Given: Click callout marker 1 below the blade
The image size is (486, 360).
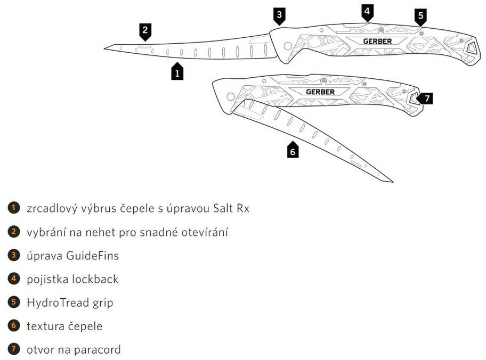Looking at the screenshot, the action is coord(177,72).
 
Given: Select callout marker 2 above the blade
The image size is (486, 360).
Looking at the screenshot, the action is coord(145,31).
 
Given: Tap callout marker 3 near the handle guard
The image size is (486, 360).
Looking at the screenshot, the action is coord(279,15).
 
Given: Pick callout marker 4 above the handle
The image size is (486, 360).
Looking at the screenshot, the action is coord(367,13).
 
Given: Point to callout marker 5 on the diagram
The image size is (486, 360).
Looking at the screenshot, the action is coord(420,17).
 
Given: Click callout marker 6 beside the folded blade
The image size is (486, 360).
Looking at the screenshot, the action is coord(293,150).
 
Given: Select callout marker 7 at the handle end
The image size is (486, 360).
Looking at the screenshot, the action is coord(425,99).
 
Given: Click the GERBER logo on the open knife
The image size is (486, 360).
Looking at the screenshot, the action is coord(377,41).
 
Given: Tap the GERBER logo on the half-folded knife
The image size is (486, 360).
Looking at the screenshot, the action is coord(320,92).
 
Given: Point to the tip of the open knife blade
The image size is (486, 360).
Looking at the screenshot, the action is coord(105,48).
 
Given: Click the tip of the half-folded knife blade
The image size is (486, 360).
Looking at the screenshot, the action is coord(392,182).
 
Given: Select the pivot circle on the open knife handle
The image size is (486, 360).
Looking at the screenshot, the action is coord(288,46).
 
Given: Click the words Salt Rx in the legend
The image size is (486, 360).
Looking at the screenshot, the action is coord(231,208).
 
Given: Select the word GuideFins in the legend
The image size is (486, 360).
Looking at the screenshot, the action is coord(92,256).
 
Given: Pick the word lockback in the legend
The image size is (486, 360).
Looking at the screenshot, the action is coord(95,279).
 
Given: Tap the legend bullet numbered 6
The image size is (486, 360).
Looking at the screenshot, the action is coord(14,325).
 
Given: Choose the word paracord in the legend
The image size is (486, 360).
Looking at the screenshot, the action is coord(97,350).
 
